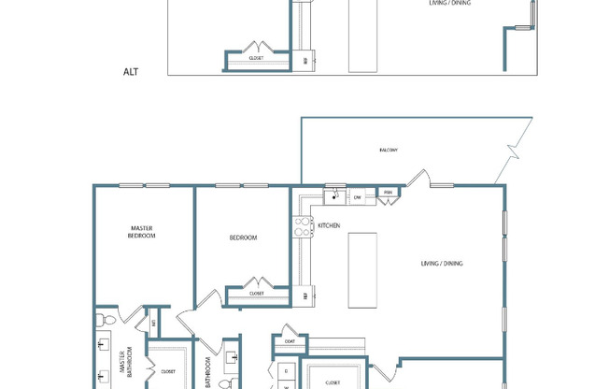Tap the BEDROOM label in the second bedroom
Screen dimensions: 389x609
[x=243, y=238]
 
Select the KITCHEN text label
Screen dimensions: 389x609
[x=329, y=225]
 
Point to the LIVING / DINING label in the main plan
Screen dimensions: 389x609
[x=441, y=264]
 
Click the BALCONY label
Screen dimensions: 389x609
[x=389, y=150]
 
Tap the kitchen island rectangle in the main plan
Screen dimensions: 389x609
[x=361, y=269]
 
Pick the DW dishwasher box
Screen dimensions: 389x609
[x=358, y=196]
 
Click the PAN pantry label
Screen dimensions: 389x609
[x=387, y=194]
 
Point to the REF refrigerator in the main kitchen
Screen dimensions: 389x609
[x=305, y=295]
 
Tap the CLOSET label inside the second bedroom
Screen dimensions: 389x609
[x=256, y=294]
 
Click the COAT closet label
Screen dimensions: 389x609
[x=288, y=341]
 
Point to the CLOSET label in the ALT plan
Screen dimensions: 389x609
[x=256, y=58]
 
